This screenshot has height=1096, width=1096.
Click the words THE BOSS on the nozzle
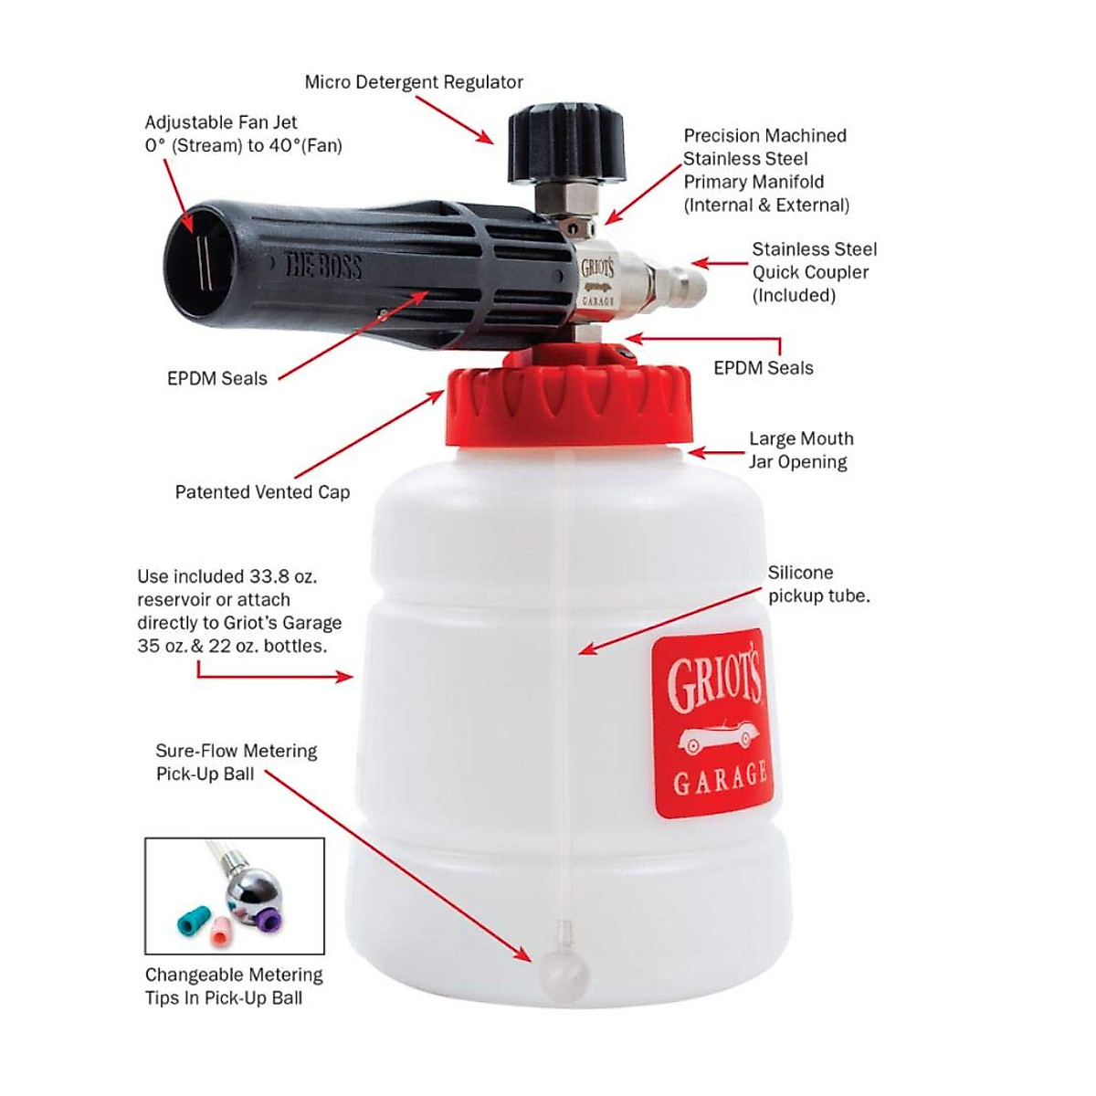pos(323,266)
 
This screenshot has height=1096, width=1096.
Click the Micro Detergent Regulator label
pos(414,82)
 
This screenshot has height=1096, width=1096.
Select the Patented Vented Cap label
pos(262,492)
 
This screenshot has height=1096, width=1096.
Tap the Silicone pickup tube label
pos(818,585)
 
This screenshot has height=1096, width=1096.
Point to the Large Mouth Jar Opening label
pos(801,450)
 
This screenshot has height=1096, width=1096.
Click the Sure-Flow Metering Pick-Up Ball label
pos(237,763)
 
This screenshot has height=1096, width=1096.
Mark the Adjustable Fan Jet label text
pos(243,134)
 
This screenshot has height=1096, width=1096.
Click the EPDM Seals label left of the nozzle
pos(217,379)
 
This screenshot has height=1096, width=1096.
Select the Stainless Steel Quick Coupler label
pos(813,272)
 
